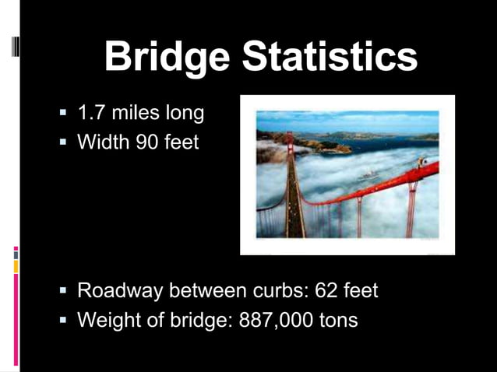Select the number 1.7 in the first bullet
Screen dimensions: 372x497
pos(91,114)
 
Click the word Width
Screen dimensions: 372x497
pos(102,142)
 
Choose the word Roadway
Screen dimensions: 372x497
pos(121,291)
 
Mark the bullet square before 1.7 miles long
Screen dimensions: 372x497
pos(63,114)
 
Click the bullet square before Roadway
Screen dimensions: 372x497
pos(63,292)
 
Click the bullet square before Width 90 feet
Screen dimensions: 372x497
pos(63,143)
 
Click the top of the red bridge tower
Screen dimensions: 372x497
pos(289,136)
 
